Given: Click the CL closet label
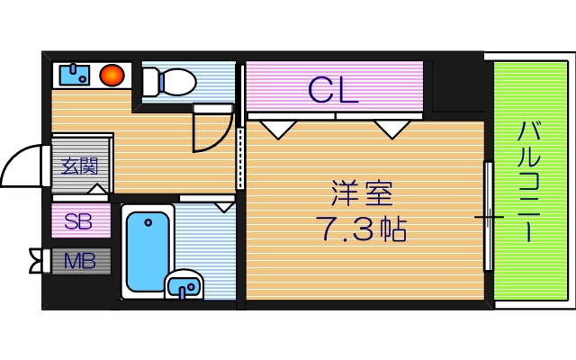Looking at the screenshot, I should (x=333, y=88).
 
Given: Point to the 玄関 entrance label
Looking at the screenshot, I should (x=79, y=166).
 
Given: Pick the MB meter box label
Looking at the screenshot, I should (x=79, y=262).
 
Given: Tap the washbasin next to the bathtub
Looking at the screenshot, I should (x=185, y=284).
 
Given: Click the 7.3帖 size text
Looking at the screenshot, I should (x=361, y=230).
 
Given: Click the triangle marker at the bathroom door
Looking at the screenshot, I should (x=223, y=206).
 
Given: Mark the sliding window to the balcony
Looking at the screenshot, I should (x=488, y=216).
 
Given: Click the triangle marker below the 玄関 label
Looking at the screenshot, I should (x=97, y=189).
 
